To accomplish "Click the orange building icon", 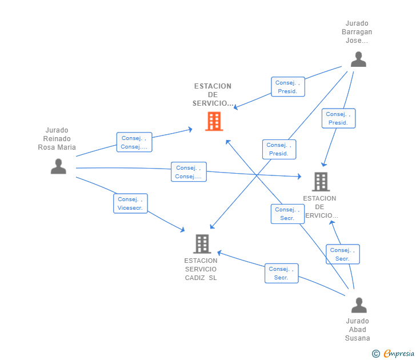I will [x=214, y=121].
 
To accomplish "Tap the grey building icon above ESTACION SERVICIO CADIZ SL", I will [x=202, y=244].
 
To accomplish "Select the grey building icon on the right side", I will [x=321, y=182].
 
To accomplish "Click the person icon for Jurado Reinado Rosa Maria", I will [x=58, y=166].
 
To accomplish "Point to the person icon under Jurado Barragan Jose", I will [x=358, y=59].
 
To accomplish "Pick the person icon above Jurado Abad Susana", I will [x=359, y=305].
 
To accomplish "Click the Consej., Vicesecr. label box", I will [x=131, y=203].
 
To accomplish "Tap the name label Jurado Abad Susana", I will [x=358, y=330].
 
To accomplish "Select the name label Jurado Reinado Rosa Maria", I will [x=57, y=139].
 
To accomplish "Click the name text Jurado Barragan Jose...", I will [x=358, y=32].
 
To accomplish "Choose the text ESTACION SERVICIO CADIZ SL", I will [x=201, y=269].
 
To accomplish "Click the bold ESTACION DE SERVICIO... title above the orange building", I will [x=213, y=95].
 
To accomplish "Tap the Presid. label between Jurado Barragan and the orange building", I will [x=287, y=87].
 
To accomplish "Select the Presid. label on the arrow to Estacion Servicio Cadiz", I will [x=279, y=149].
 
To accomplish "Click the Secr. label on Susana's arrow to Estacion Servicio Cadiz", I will [x=281, y=273].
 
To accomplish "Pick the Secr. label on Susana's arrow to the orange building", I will [x=287, y=214].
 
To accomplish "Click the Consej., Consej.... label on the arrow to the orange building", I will [x=134, y=142].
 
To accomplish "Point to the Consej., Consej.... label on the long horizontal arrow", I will [x=189, y=172].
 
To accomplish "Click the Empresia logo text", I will [x=399, y=354].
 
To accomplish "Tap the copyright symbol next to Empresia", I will [x=376, y=354].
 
